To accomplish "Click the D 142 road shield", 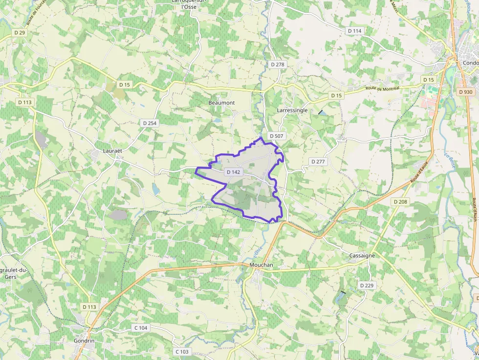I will (234, 172).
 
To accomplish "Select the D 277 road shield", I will (318, 161).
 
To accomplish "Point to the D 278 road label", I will (277, 64).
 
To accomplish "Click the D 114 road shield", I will (355, 31).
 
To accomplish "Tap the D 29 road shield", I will (20, 32).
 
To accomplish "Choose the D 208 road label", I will (400, 202).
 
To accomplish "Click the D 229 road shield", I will (366, 285).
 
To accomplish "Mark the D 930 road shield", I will (466, 92).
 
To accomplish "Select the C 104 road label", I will (141, 328).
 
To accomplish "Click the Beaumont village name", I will (221, 103).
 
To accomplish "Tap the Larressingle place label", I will (292, 110).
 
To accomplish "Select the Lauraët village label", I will (112, 151).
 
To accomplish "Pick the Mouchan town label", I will (261, 265).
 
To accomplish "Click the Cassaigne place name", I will (362, 256).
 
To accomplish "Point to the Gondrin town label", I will (84, 340).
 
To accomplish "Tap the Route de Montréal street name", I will (382, 88).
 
